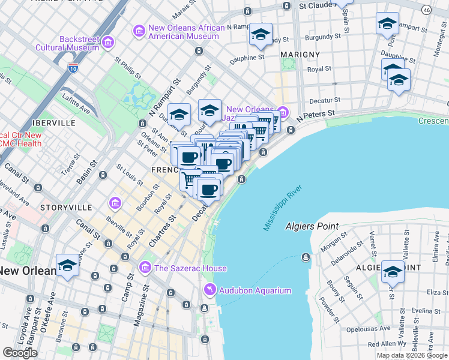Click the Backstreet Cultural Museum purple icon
[108, 41]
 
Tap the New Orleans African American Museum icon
[139, 30]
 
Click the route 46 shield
[426, 10]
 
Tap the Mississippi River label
[283, 208]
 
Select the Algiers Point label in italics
[312, 227]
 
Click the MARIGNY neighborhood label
[300, 55]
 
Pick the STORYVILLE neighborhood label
[66, 207]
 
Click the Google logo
[20, 353]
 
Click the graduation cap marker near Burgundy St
[261, 35]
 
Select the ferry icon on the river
[306, 257]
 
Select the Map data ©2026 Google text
[412, 355]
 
